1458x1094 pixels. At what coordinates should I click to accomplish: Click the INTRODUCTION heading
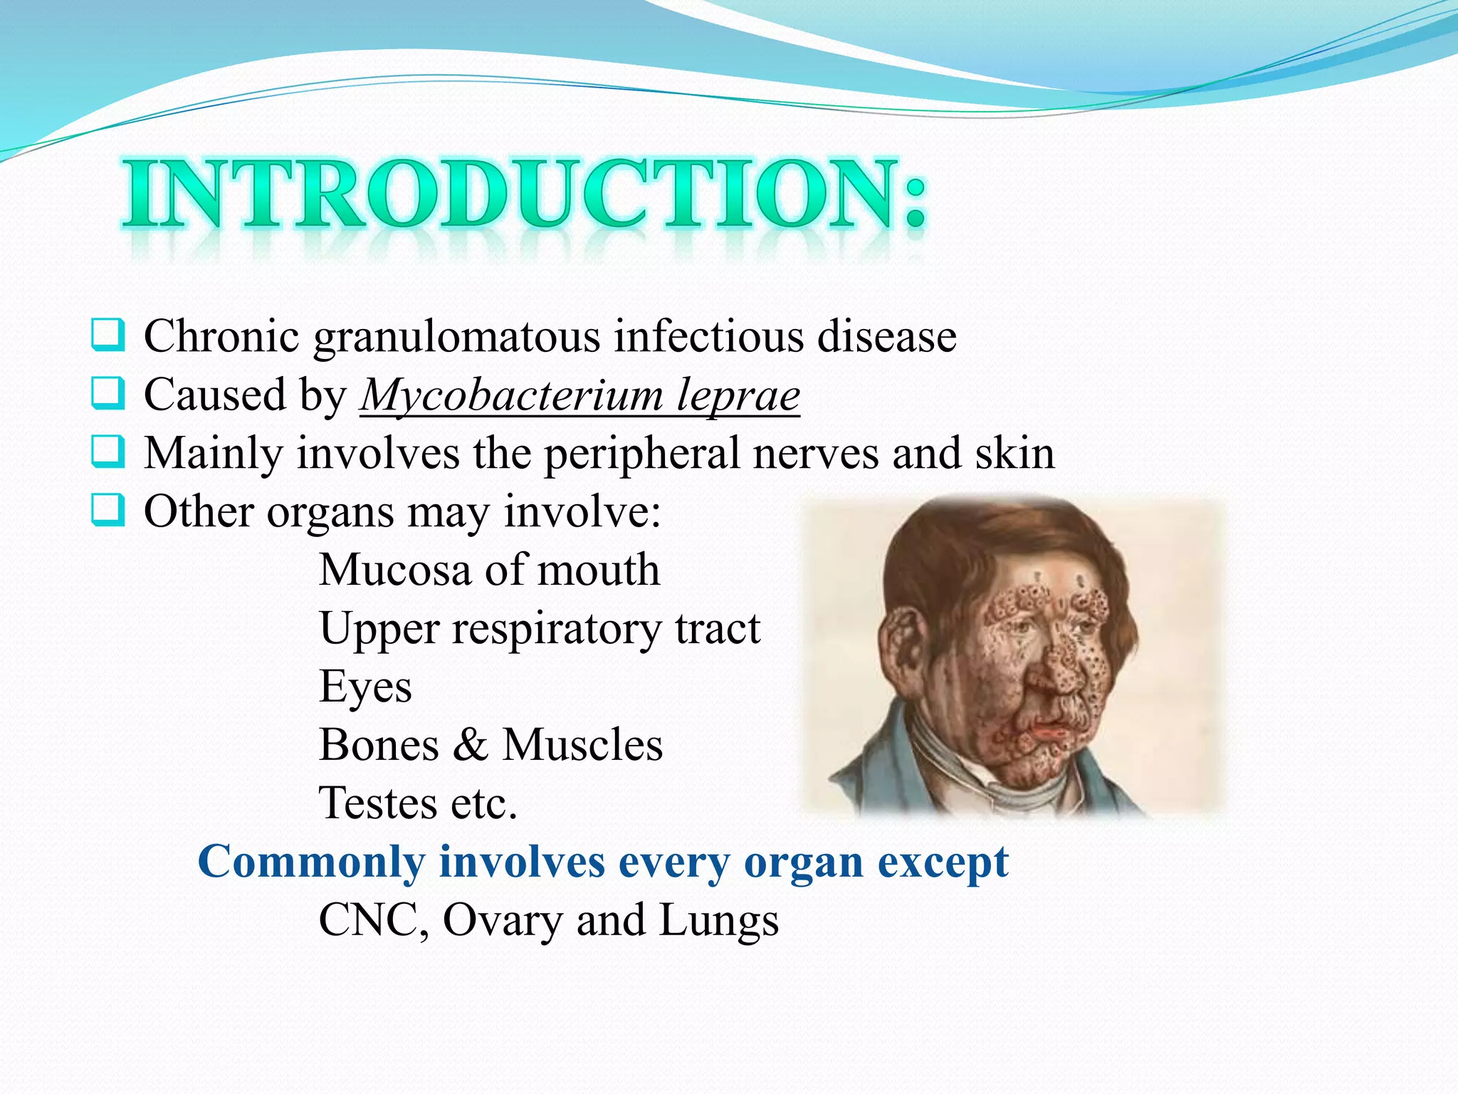coord(525,194)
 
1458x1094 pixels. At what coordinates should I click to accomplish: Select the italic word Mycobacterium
coord(511,395)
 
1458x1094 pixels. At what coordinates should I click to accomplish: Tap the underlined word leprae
coord(738,395)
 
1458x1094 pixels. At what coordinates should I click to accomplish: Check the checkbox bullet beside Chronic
coord(108,335)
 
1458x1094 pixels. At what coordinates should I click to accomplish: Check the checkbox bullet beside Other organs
coord(108,510)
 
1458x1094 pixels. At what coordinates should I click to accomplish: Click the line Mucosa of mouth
coord(489,570)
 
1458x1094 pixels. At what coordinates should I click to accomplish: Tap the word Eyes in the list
coord(365,687)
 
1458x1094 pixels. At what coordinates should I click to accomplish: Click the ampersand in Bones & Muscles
coord(470,745)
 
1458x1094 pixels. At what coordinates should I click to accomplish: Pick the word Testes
coord(377,803)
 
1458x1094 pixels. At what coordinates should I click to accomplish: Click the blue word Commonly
coord(311,862)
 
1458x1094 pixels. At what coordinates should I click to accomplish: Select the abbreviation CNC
coord(371,920)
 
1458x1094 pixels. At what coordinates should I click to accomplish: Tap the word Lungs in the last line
coord(719,920)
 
